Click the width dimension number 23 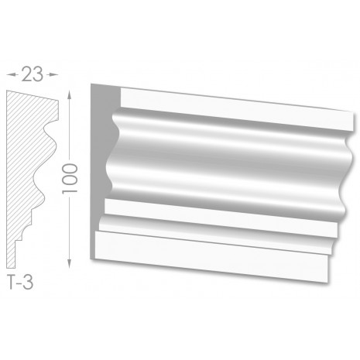click(x=32, y=74)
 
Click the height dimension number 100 click(x=70, y=179)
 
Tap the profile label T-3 click(x=20, y=282)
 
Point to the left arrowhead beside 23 click(x=12, y=74)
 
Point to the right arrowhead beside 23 click(x=53, y=74)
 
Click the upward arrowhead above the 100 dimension click(x=69, y=95)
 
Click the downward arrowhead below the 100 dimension click(x=69, y=263)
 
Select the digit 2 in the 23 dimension click(x=26, y=74)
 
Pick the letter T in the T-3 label click(x=12, y=282)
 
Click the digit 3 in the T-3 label click(x=29, y=282)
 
